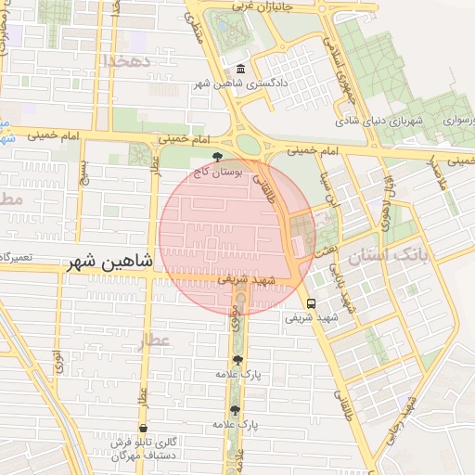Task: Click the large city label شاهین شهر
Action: tap(109, 263)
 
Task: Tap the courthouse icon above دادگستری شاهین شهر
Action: tap(241, 70)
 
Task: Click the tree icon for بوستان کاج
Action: tap(217, 157)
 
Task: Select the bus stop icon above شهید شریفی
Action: tap(311, 302)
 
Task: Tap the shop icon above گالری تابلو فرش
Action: tap(143, 430)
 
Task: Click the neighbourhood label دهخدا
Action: tap(127, 60)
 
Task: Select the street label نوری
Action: tap(58, 360)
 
